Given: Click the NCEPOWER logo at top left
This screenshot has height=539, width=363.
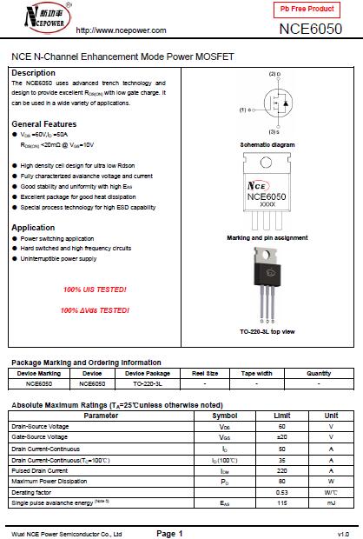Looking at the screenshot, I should point(36,17).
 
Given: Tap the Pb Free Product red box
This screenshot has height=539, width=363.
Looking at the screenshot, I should point(307,9).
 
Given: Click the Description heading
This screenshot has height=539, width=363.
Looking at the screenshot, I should point(33,72).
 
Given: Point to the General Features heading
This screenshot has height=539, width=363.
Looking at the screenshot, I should point(43,123).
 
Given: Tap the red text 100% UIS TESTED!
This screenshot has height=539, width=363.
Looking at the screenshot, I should point(95,289).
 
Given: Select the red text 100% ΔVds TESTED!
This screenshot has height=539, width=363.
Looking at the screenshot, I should point(95,310).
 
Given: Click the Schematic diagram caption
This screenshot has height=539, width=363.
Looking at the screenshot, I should point(267,144).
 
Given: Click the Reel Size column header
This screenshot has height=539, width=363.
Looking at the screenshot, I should point(204,373).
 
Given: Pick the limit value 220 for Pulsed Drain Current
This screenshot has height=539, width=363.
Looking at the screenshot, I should point(281,469).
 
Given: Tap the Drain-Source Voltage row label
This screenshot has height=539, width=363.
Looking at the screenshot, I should point(40,427).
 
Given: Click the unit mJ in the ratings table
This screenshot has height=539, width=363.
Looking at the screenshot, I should point(331,503).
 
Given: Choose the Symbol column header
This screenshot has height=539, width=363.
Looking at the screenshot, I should point(224,416).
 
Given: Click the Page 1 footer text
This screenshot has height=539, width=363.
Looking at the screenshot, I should point(169,532).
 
